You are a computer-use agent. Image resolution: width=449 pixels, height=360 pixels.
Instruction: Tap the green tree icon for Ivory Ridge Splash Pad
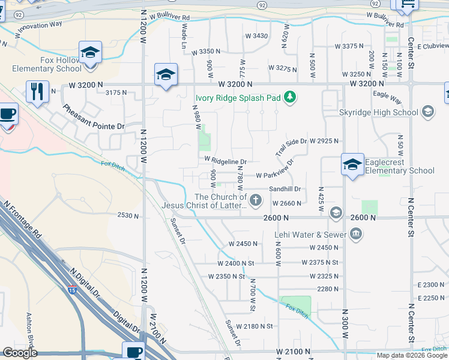290,96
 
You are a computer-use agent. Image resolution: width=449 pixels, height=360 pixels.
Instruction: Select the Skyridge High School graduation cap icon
427,112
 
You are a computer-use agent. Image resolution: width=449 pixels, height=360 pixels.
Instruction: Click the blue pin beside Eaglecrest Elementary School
352,164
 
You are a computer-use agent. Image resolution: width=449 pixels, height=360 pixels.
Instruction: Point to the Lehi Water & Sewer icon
355,234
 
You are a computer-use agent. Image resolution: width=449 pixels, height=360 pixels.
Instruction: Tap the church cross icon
256,200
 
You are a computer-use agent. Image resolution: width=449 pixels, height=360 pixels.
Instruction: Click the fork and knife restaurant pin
37,92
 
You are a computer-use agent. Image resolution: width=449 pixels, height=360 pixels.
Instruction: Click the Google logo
20,352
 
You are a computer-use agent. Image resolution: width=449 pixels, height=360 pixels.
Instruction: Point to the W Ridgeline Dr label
226,161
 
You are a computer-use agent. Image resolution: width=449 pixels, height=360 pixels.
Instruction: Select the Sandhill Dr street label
285,189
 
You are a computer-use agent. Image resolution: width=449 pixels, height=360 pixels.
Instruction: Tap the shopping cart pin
406,5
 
